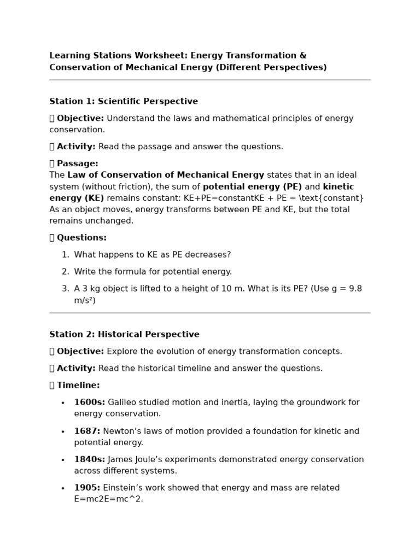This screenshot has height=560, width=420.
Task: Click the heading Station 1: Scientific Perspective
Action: click(x=124, y=101)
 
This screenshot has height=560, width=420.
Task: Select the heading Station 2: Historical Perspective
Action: click(x=124, y=334)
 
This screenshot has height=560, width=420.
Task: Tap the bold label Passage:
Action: click(x=77, y=164)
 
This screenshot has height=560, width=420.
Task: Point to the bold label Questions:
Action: click(x=81, y=237)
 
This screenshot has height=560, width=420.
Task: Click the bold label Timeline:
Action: click(x=78, y=385)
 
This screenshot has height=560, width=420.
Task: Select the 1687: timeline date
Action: click(x=87, y=431)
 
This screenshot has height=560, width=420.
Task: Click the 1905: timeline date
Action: click(x=87, y=488)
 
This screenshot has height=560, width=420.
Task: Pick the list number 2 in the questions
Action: click(x=65, y=272)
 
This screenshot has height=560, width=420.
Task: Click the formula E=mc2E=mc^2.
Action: click(x=108, y=499)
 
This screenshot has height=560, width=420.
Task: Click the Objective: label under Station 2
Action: click(x=80, y=351)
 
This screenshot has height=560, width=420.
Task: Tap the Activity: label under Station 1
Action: click(x=76, y=147)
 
